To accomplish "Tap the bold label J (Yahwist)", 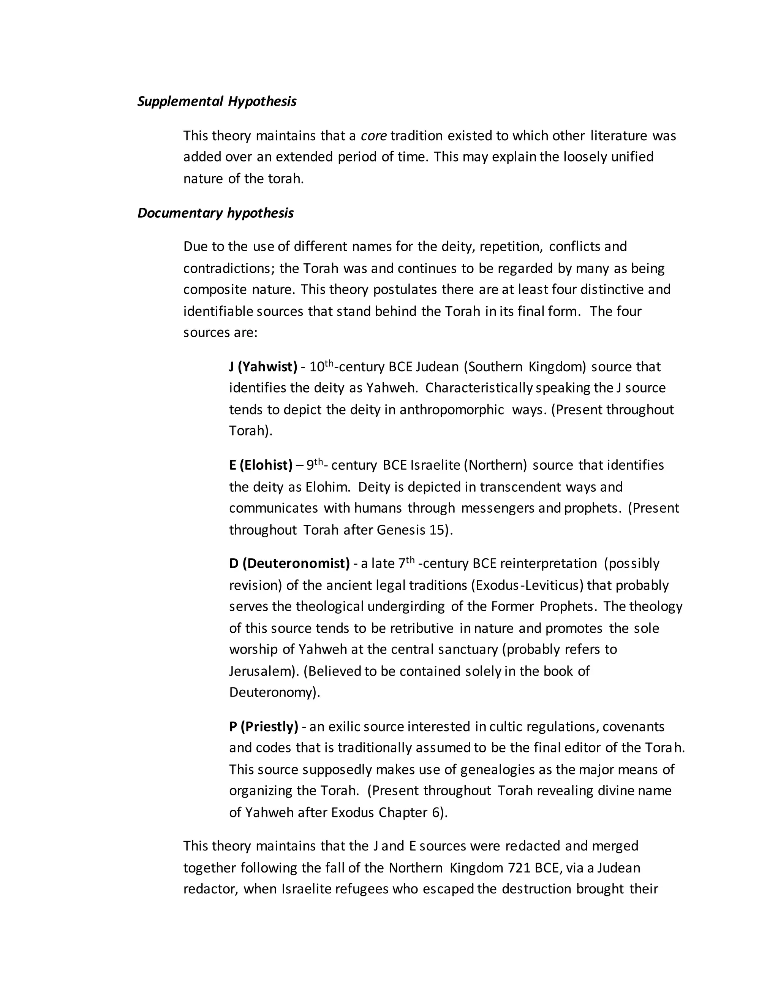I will tap(263, 367).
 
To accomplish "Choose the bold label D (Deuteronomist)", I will tap(289, 564).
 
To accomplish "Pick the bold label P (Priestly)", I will tap(264, 727).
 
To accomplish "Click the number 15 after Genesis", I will tap(439, 530).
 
